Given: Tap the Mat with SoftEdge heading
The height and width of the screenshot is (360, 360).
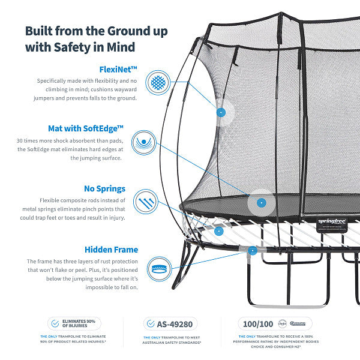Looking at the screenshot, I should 86,128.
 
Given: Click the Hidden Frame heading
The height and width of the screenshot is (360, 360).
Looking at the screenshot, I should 111,250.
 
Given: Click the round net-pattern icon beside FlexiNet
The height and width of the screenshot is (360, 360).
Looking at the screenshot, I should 158,82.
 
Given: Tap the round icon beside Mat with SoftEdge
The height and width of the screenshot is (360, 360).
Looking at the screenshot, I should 144,143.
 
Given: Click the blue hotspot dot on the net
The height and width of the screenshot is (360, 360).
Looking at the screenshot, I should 221,112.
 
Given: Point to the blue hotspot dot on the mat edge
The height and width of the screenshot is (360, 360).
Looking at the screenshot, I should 260,203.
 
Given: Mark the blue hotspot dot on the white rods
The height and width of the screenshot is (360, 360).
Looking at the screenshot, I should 219,230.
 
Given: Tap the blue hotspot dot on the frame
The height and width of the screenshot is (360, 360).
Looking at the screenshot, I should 253,251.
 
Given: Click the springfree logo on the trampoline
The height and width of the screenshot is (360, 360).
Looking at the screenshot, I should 331,221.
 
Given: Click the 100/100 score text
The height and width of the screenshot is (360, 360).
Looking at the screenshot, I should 258,323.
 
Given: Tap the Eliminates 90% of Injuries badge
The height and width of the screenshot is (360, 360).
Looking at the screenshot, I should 75,323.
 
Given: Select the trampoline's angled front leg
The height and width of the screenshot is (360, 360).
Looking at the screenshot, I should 183,268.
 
